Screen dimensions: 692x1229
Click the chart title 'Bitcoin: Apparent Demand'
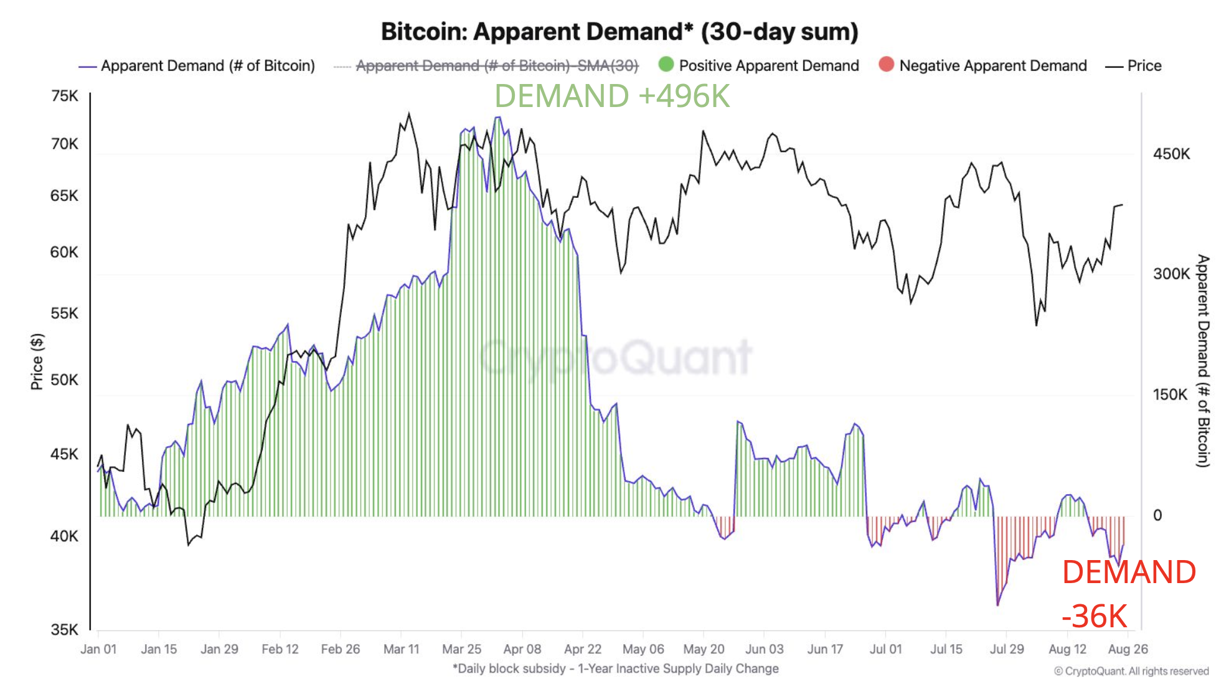point(619,31)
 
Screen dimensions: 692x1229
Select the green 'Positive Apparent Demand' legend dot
point(666,64)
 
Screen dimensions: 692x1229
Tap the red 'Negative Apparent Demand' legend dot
point(886,64)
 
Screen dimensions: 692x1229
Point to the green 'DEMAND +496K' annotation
point(611,96)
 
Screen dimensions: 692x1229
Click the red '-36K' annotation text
point(1094,616)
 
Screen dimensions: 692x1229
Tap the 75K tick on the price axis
point(65,96)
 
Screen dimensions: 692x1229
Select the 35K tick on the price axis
point(65,629)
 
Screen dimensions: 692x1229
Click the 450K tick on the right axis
point(1171,154)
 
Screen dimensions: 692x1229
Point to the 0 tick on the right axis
point(1157,515)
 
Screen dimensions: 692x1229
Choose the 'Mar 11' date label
point(401,649)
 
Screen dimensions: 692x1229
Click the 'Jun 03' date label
point(764,649)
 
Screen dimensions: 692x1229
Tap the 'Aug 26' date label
point(1128,649)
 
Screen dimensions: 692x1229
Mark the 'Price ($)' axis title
point(37,362)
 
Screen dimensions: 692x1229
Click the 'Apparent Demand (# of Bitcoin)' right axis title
point(1203,361)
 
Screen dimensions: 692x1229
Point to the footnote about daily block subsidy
point(615,668)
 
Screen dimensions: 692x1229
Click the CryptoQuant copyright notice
point(1131,671)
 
